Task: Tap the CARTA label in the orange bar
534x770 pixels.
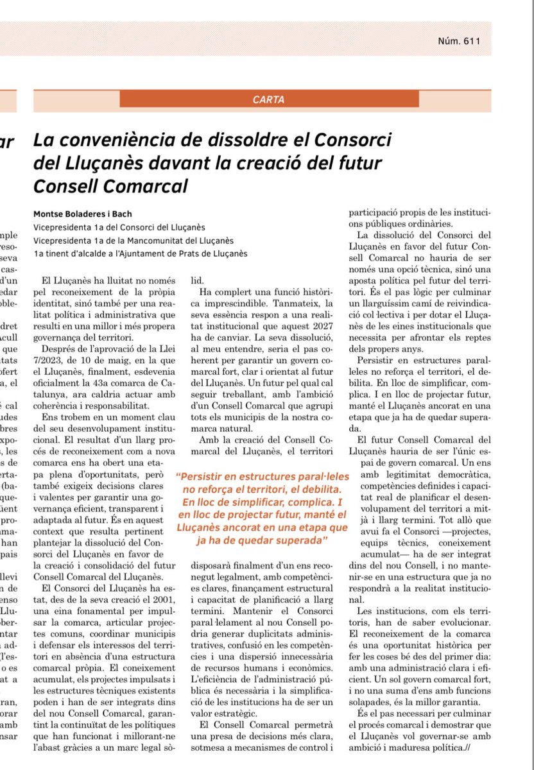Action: click(268, 99)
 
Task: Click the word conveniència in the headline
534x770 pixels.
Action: click(122, 139)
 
